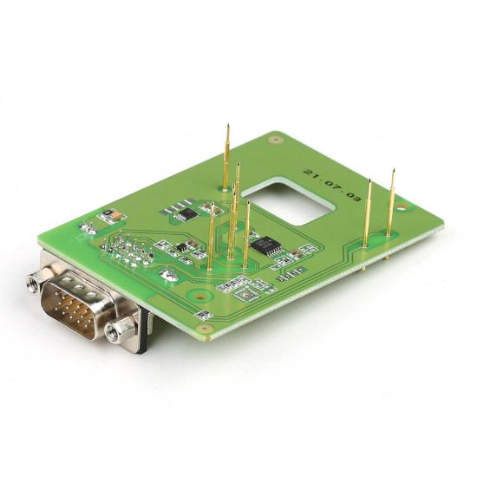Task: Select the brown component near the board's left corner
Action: point(106,213)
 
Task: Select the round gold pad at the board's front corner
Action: point(205,329)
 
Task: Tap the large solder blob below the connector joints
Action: point(168,275)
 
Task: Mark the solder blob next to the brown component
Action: point(87,229)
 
